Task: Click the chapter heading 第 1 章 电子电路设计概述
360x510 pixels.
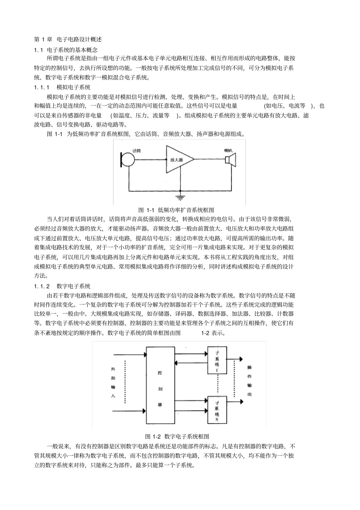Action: pyautogui.click(x=68, y=39)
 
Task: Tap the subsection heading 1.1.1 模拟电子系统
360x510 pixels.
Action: pyautogui.click(x=62, y=87)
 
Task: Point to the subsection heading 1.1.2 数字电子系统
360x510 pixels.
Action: pyautogui.click(x=62, y=286)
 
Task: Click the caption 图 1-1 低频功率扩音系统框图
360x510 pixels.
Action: pyautogui.click(x=177, y=210)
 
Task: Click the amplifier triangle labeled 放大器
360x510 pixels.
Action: pyautogui.click(x=177, y=160)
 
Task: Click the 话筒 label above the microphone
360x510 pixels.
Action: pyautogui.click(x=136, y=151)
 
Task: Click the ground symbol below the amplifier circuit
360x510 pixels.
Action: pyautogui.click(x=181, y=197)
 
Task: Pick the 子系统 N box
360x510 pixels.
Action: pyautogui.click(x=217, y=410)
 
